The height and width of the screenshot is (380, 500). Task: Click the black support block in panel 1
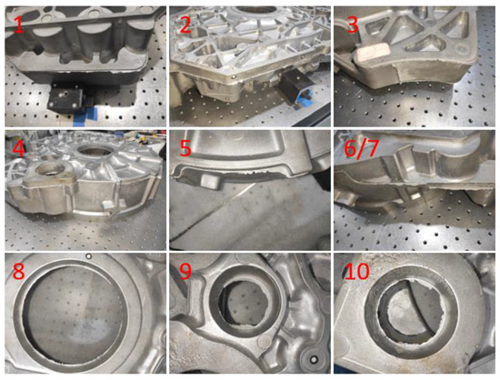point(65,98)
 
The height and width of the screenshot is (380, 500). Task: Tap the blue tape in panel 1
point(85,115)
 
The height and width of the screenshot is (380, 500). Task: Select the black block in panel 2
point(293,86)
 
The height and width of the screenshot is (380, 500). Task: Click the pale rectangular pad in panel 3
point(373,52)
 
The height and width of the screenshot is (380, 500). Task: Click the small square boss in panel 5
point(209,182)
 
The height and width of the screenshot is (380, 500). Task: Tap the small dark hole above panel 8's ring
point(89,256)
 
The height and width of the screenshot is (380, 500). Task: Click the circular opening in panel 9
point(245,301)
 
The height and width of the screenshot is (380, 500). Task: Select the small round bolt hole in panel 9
point(314,359)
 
